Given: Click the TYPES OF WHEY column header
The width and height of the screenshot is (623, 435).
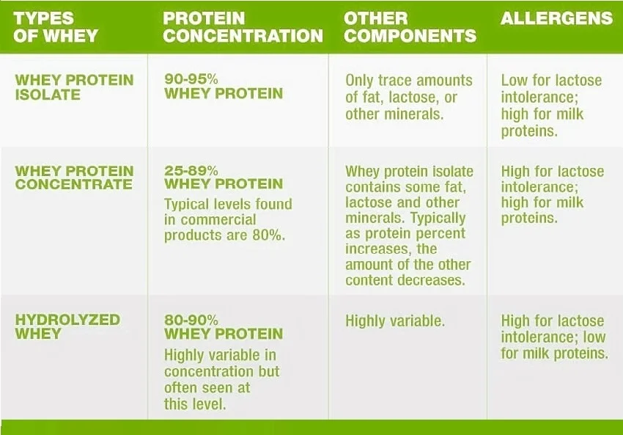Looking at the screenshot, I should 57,26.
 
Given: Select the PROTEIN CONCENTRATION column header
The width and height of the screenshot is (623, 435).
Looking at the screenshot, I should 243,27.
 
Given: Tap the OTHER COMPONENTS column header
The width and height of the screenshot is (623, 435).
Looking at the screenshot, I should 410,27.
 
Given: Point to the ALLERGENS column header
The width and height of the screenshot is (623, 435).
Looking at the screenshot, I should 556,18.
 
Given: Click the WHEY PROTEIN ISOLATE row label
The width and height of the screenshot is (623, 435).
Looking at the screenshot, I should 74,87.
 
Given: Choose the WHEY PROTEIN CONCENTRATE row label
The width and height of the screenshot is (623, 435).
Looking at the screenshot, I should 74,178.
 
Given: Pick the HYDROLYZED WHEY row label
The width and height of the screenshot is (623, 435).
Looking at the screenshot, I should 67,326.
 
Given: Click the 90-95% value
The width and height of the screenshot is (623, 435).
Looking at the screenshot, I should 191,79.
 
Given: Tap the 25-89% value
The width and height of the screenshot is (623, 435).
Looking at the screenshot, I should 191,170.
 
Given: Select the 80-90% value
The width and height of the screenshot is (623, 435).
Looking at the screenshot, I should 191,320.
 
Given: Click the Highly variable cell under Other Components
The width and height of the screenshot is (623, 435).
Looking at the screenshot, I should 395,321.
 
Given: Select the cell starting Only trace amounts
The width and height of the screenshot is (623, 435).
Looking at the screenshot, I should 408,98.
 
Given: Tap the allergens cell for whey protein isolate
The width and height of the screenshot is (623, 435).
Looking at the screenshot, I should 552,106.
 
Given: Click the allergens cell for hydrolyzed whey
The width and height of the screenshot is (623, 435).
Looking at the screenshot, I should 554,337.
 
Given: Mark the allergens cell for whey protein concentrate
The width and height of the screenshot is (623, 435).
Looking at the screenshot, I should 552,194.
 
